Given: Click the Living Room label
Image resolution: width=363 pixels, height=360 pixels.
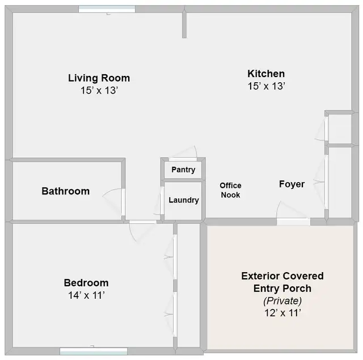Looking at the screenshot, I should click(x=99, y=78).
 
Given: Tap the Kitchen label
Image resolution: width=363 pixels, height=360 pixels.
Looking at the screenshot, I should click(x=266, y=74).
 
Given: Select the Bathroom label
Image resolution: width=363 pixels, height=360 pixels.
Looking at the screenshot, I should click(x=65, y=192).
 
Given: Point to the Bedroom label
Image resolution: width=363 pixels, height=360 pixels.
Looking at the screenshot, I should click(x=86, y=283).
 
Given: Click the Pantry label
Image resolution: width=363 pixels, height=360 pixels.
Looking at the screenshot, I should click(x=183, y=170).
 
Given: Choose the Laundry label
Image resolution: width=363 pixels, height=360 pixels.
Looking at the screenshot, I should click(x=184, y=200).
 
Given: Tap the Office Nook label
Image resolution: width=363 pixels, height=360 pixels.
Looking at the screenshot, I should click(x=230, y=190).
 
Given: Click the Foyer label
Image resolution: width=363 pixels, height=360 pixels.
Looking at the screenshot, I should click(x=292, y=184).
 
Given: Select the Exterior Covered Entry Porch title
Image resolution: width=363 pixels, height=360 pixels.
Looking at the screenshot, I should click(x=282, y=282).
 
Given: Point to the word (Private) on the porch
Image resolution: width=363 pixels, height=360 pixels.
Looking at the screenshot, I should click(x=282, y=300).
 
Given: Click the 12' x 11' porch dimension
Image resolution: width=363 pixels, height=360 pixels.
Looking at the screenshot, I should click(x=282, y=312).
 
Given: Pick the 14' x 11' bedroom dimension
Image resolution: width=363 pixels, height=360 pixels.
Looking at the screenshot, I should click(x=86, y=295).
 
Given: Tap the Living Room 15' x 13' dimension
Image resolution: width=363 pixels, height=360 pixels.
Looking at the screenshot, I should click(x=99, y=90).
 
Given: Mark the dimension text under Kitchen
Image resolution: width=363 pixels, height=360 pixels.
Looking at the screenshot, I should click(x=266, y=86).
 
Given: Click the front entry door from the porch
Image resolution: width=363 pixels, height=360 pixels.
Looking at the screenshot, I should click(x=293, y=221).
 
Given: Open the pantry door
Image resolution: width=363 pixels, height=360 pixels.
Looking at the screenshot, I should click(x=183, y=159).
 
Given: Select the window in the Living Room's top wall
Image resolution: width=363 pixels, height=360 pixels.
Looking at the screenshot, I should click(x=107, y=9).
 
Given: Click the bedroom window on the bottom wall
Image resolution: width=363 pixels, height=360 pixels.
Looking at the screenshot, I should click(x=86, y=351).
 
